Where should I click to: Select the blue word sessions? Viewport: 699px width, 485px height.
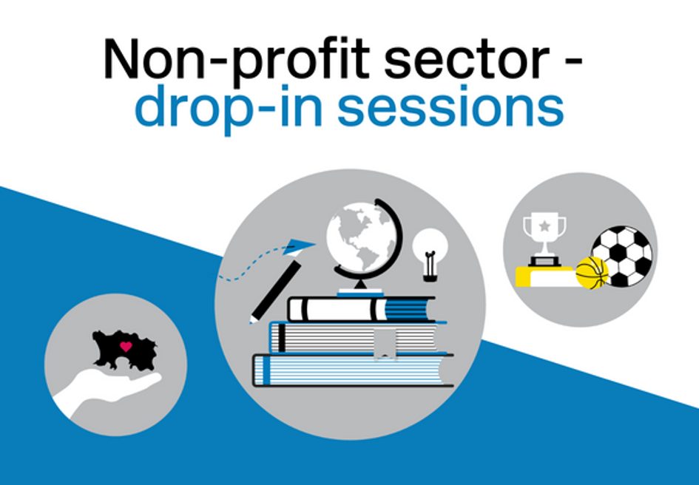click(450, 106)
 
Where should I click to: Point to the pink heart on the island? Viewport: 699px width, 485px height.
click(126, 346)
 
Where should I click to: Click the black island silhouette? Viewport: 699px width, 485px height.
click(124, 350)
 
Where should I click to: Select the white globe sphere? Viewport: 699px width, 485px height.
click(361, 237)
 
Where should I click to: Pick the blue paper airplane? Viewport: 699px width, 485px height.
click(299, 246)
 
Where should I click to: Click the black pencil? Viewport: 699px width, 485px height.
click(275, 291)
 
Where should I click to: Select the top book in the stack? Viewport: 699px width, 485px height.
click(362, 308)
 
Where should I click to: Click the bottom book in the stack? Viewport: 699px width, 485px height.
click(353, 370)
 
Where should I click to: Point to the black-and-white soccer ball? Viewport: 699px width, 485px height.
click(621, 257)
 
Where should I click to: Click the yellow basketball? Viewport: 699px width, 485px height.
click(592, 273)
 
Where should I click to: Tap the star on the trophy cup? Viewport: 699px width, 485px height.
click(544, 226)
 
